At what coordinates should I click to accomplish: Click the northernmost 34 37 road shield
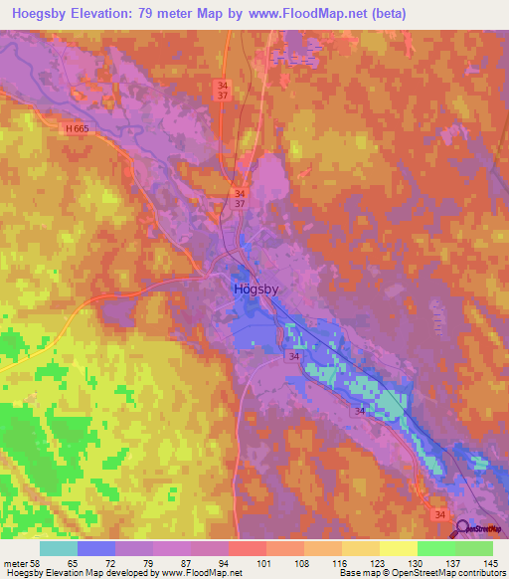coord(223,91)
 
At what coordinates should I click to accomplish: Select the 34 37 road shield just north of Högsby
coord(239,199)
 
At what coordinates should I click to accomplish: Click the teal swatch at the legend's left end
coord(59,548)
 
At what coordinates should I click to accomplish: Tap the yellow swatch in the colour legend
coord(398,548)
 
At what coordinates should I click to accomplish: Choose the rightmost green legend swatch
coord(473,548)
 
